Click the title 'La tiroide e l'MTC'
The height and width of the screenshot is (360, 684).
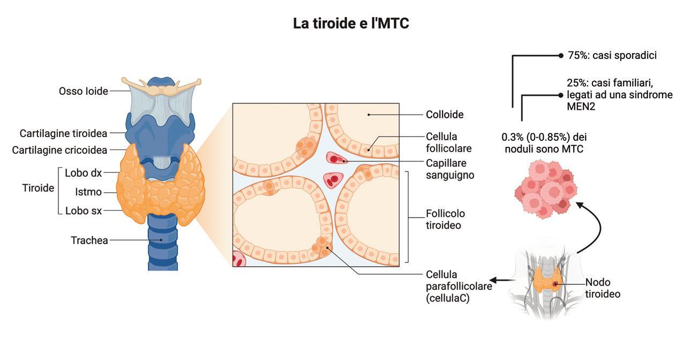tap(351, 24)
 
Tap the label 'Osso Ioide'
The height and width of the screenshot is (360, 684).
tap(83, 91)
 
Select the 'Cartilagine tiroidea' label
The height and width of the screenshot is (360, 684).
tap(63, 133)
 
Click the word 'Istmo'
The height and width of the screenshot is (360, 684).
tap(88, 192)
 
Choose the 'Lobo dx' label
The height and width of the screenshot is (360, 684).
tap(83, 173)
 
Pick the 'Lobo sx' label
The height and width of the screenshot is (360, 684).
tap(83, 211)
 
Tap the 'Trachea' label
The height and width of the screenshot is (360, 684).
tap(89, 241)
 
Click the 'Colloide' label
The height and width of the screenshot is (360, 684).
tap(445, 114)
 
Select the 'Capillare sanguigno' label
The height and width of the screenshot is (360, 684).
tap(450, 169)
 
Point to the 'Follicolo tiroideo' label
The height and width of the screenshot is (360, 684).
tap(444, 219)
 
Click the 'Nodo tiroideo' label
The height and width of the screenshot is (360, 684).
tap(603, 288)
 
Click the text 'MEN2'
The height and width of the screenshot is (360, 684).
tap(581, 106)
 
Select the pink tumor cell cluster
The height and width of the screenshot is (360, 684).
tap(545, 190)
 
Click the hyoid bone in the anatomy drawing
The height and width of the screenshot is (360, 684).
tap(161, 85)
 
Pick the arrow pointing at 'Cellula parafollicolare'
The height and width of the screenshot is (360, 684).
tap(501, 280)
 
